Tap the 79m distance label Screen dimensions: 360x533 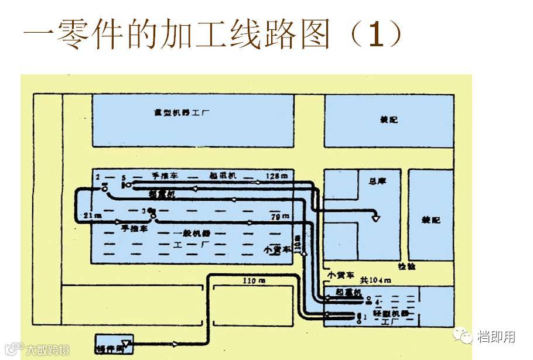coord(280,217)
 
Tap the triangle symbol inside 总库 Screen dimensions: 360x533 coord(376,218)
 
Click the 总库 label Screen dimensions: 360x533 coord(371,181)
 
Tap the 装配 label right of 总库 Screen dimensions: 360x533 coord(431,220)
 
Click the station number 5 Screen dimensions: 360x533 coord(124,177)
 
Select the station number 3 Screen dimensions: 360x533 coord(144,211)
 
